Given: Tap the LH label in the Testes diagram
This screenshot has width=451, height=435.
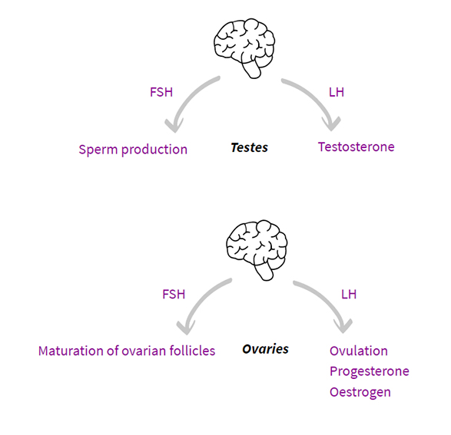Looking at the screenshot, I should [336, 92].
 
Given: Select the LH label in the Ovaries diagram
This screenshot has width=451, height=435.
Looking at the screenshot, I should [348, 294].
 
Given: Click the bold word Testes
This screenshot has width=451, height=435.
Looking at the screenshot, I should [249, 147].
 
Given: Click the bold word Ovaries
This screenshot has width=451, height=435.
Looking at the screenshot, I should [265, 349].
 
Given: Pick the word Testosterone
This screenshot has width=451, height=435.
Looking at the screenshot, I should [356, 147].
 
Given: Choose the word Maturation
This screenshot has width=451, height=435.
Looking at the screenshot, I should [71, 351].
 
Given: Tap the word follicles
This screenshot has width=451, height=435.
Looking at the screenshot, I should [191, 351].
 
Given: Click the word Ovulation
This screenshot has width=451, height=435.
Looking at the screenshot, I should [359, 351].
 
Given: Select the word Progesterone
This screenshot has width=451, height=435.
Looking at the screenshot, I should [369, 371].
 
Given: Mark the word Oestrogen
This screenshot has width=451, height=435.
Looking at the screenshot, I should [360, 392].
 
